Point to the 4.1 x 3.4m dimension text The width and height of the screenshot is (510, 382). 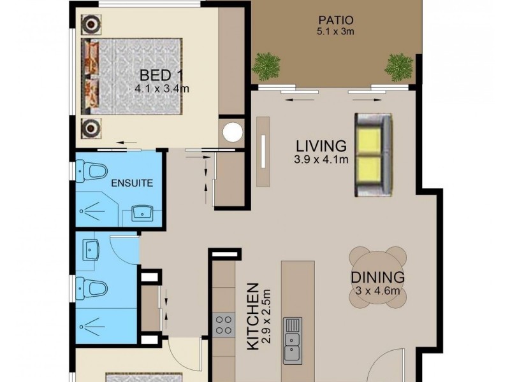click(x=161, y=89)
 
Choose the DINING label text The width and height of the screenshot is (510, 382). click(x=377, y=278)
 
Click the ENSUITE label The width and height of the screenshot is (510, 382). click(x=132, y=183)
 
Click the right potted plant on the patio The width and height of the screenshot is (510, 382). click(x=399, y=66)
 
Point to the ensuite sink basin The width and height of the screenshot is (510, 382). click(x=142, y=212)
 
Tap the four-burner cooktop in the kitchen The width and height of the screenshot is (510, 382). click(x=224, y=325)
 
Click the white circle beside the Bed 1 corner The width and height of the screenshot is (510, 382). click(x=233, y=132)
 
